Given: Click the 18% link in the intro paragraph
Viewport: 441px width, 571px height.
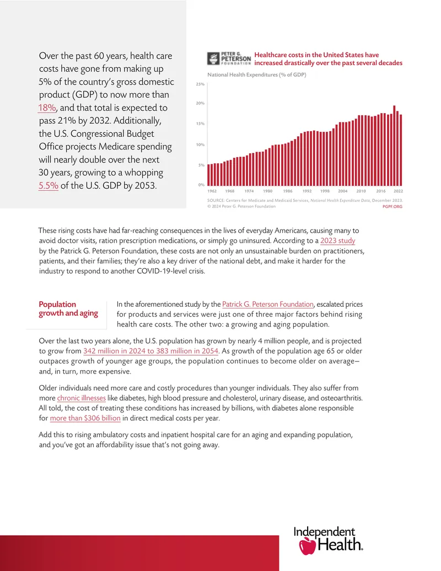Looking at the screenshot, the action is click(47, 108).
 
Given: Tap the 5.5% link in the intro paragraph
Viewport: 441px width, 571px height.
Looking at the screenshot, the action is click(49, 185).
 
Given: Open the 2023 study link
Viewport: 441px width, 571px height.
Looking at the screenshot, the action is click(338, 241).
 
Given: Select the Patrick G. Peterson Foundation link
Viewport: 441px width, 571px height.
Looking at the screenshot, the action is click(268, 304).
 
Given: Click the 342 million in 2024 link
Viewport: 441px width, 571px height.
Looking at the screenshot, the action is click(150, 351).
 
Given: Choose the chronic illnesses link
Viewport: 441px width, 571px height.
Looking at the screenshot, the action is click(81, 398).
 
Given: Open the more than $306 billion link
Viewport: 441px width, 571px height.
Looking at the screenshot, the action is click(85, 418).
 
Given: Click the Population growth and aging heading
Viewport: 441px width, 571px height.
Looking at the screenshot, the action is click(68, 309).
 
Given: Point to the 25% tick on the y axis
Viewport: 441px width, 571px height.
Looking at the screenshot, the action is click(200, 84).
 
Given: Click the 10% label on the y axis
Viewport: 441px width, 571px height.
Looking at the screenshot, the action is click(200, 145).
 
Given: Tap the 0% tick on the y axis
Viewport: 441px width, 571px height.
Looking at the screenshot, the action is click(201, 185).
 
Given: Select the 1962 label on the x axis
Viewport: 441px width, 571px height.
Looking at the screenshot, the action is click(212, 191).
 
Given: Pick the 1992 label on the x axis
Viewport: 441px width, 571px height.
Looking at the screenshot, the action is click(307, 191).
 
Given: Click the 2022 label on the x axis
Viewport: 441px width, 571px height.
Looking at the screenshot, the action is click(398, 191).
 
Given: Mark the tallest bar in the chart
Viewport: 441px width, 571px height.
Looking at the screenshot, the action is click(395, 146).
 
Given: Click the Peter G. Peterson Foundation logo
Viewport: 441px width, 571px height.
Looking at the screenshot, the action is click(229, 58).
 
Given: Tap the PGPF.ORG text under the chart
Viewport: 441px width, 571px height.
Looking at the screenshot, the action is click(392, 206).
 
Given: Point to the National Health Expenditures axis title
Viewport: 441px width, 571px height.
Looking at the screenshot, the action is click(256, 74).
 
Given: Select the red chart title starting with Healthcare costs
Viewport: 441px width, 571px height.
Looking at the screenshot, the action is click(328, 58).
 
